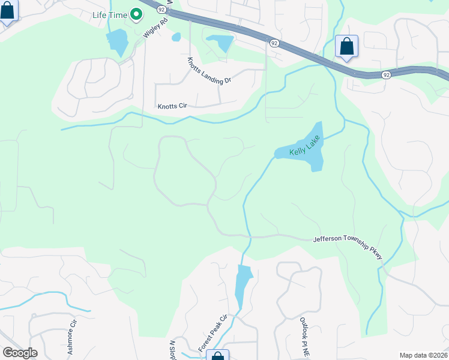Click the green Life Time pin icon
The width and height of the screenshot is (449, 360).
tap(136, 14)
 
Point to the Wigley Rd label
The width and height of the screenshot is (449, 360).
tap(154, 28)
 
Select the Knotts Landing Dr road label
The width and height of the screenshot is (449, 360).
tap(209, 71)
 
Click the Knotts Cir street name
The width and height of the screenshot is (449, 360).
tap(173, 106)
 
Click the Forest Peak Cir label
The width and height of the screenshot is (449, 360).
tap(212, 333)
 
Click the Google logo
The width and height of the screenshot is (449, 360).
tap(20, 353)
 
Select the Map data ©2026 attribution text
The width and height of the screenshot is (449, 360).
tap(423, 355)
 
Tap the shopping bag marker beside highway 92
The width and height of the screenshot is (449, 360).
tap(346, 46)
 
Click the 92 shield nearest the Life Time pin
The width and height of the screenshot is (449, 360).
tap(161, 10)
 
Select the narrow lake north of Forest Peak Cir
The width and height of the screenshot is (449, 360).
tap(243, 286)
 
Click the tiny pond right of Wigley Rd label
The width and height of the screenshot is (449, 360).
tap(176, 37)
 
